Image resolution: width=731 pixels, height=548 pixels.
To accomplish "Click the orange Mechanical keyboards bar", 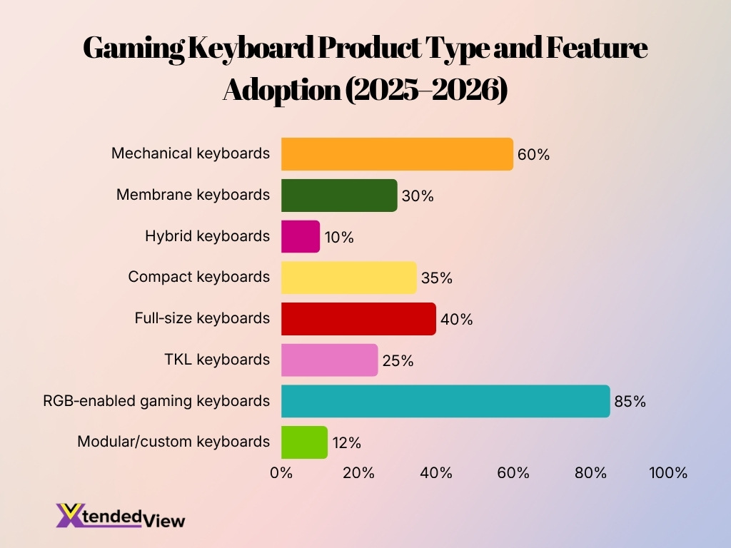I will click(397, 154).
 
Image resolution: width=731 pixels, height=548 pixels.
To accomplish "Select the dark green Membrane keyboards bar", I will click(339, 196).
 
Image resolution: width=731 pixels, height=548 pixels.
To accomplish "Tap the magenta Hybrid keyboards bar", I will click(301, 236).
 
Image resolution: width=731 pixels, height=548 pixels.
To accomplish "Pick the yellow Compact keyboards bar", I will click(348, 278).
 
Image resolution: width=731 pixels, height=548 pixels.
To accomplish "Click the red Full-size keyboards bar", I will click(358, 319).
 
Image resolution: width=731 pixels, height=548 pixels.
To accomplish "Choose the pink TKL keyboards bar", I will click(329, 360).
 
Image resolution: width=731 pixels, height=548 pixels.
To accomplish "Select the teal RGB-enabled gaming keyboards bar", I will click(445, 401).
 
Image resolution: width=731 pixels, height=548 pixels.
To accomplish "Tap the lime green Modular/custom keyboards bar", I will click(304, 442).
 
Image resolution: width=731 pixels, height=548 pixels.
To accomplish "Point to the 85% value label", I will click(630, 402).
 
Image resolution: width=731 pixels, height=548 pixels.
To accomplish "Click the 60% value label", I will click(533, 155).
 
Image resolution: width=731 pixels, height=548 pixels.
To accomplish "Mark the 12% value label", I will click(346, 443).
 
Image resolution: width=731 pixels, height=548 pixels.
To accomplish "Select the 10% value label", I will click(338, 237).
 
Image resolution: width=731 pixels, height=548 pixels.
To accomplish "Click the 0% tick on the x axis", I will click(281, 472).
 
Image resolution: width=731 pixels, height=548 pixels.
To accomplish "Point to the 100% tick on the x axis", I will click(667, 472).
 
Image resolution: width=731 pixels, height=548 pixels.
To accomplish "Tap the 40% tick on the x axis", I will click(436, 472).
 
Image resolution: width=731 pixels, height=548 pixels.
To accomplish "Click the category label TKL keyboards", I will click(217, 360).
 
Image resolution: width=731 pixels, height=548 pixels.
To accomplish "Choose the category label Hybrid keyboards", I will click(207, 236).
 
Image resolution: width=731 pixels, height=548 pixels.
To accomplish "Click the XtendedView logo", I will click(120, 515).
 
